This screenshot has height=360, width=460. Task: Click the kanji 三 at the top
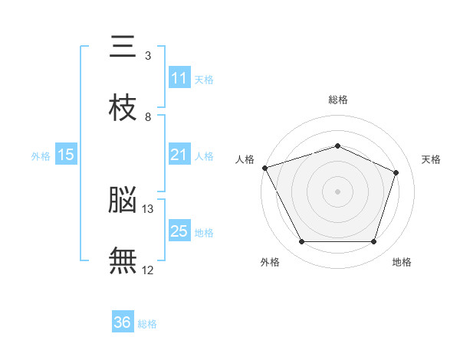point(123,48)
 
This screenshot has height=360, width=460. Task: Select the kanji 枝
point(123,108)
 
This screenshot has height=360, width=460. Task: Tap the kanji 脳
point(123,201)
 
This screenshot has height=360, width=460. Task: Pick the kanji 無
point(123,260)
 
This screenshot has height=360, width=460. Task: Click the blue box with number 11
point(179,78)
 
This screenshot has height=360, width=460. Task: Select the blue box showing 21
point(179,155)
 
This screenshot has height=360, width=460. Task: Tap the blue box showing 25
point(179,231)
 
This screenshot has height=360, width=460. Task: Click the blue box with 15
point(66,155)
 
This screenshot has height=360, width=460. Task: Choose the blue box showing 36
point(123,322)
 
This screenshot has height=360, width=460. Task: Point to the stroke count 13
point(148,208)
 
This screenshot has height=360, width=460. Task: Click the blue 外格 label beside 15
point(41,156)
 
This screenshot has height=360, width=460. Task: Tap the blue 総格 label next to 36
point(147,324)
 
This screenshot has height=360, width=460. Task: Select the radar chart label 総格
point(337,100)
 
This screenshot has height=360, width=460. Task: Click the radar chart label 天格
point(431,159)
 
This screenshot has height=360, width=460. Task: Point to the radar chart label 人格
point(245,159)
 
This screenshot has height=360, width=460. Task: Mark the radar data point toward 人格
point(264,168)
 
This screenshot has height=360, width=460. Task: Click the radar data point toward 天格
point(396,172)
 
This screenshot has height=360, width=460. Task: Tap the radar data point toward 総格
point(337,146)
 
